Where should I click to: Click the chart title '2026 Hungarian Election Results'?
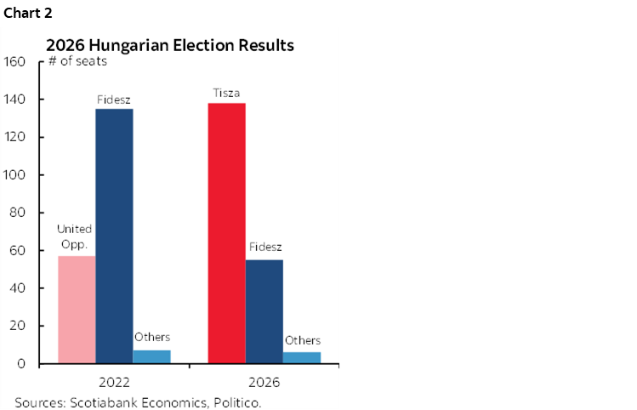pos(169,44)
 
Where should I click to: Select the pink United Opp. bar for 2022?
pos(77,310)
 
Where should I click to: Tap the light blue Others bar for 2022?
pos(151,356)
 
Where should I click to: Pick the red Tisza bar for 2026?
pos(226,233)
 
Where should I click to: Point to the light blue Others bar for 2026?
pos(302,357)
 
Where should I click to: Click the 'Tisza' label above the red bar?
pos(226,92)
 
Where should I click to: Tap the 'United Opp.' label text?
pos(75,237)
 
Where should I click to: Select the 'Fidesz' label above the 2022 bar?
pos(114,100)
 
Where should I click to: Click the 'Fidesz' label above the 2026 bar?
pos(265,248)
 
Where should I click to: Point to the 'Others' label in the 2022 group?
pos(152,337)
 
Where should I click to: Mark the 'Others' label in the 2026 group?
pos(303,340)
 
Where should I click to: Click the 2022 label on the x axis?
pos(114,382)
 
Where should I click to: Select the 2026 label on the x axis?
pos(264,382)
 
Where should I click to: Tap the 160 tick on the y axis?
pos(16,62)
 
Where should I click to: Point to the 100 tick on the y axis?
pos(16,175)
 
